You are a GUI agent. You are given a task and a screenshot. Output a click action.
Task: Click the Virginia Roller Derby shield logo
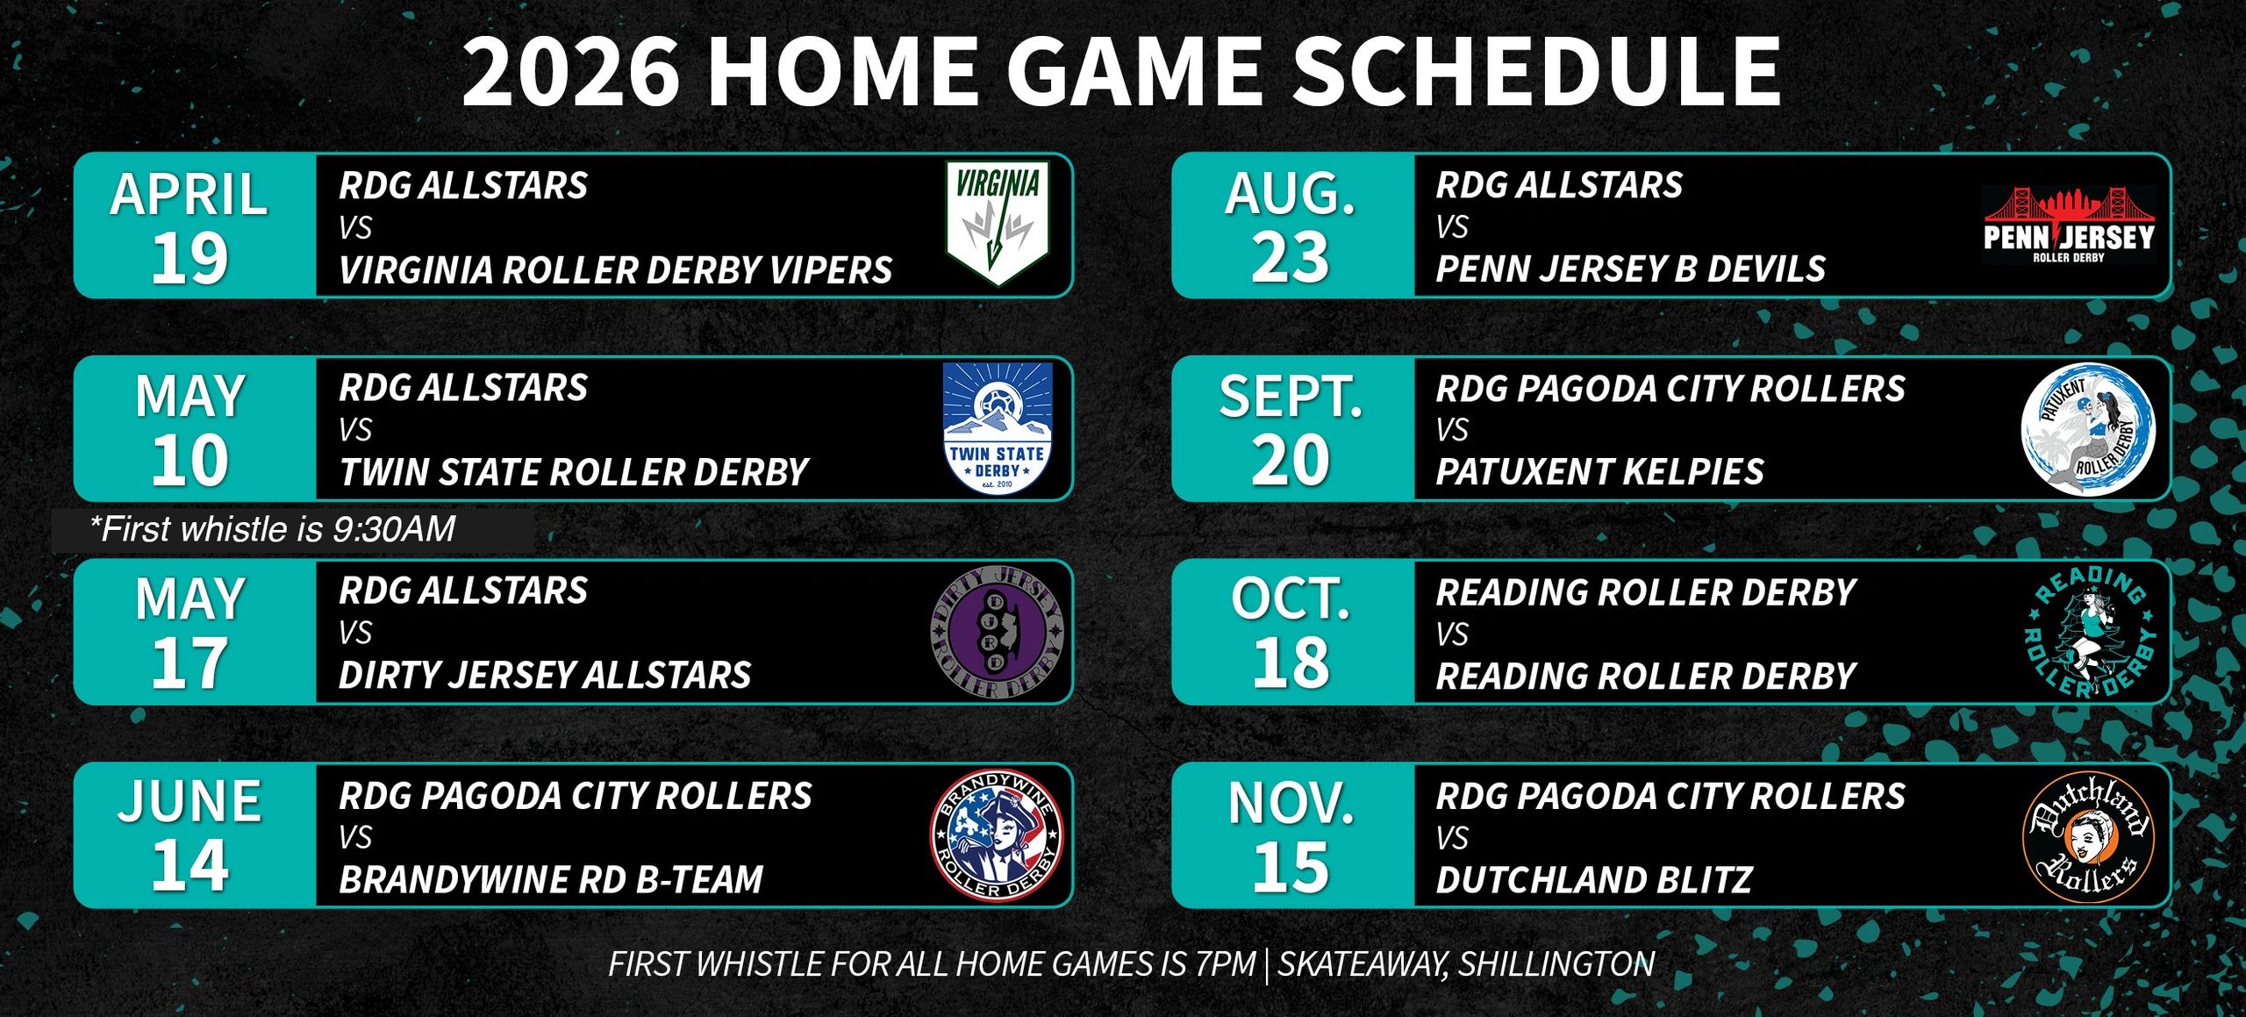[998, 224]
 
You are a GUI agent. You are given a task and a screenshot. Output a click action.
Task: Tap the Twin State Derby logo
[998, 427]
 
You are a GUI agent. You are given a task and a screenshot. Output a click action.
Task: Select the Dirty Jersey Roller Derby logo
[997, 632]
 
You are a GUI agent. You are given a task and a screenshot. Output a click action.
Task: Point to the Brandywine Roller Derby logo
[997, 835]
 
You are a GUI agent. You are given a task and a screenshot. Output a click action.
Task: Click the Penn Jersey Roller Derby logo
[2069, 226]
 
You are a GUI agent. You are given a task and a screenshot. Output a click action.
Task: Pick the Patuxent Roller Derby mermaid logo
[2087, 428]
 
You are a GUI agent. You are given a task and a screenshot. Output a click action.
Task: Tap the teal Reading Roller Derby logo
[2088, 632]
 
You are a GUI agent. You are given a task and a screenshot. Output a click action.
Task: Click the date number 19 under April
[190, 259]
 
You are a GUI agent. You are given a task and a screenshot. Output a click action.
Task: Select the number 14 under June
[190, 866]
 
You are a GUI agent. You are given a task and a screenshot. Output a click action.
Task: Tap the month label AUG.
[1290, 194]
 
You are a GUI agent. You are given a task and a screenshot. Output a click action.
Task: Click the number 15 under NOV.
[1291, 867]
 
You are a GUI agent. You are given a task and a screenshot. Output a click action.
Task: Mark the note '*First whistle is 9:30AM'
[273, 529]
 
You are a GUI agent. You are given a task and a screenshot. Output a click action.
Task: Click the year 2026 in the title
[571, 71]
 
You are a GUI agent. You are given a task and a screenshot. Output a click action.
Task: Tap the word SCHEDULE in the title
[1535, 71]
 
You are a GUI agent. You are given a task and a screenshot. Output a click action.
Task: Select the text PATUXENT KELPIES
[1599, 472]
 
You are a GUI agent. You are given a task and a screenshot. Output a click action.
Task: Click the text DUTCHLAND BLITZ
[1594, 879]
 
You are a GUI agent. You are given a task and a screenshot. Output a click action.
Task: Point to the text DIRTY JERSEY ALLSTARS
[545, 675]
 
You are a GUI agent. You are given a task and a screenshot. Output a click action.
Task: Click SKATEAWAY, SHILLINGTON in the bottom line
[1466, 964]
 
